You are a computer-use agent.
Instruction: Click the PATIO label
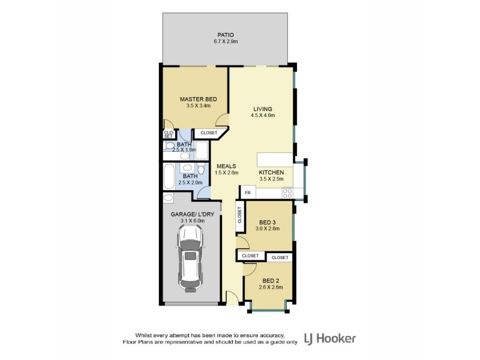pyautogui.click(x=226, y=35)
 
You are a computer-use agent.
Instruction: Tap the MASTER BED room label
pyautogui.click(x=198, y=99)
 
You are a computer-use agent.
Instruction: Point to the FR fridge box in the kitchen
pyautogui.click(x=247, y=193)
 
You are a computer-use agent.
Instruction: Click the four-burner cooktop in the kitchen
pyautogui.click(x=287, y=193)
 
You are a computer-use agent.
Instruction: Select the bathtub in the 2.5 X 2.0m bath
pyautogui.click(x=167, y=176)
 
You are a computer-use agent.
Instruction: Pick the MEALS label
pyautogui.click(x=226, y=166)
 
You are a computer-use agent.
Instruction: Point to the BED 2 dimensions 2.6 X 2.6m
pyautogui.click(x=270, y=287)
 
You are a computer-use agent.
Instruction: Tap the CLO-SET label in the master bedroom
pyautogui.click(x=168, y=134)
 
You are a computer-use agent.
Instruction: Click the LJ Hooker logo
pyautogui.click(x=330, y=338)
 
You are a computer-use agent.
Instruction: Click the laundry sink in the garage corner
pyautogui.click(x=168, y=197)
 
